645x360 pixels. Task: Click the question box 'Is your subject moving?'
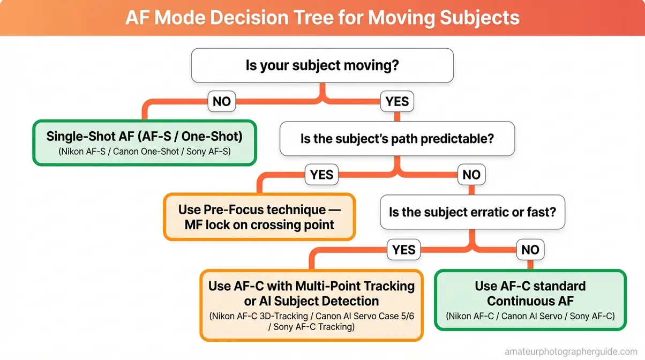[x=322, y=66]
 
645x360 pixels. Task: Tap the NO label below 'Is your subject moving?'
[x=222, y=101]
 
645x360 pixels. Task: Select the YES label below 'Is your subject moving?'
[x=397, y=101]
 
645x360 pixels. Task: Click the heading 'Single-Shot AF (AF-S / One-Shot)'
[x=144, y=136]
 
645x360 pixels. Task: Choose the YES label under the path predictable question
[x=321, y=174]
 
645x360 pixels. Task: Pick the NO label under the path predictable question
[x=471, y=174]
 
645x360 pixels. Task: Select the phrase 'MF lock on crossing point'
[x=259, y=224]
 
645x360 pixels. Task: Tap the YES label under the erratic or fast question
[x=403, y=249]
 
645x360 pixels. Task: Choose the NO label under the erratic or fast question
[x=530, y=249]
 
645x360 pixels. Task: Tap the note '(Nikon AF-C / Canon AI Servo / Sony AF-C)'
[x=530, y=316]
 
